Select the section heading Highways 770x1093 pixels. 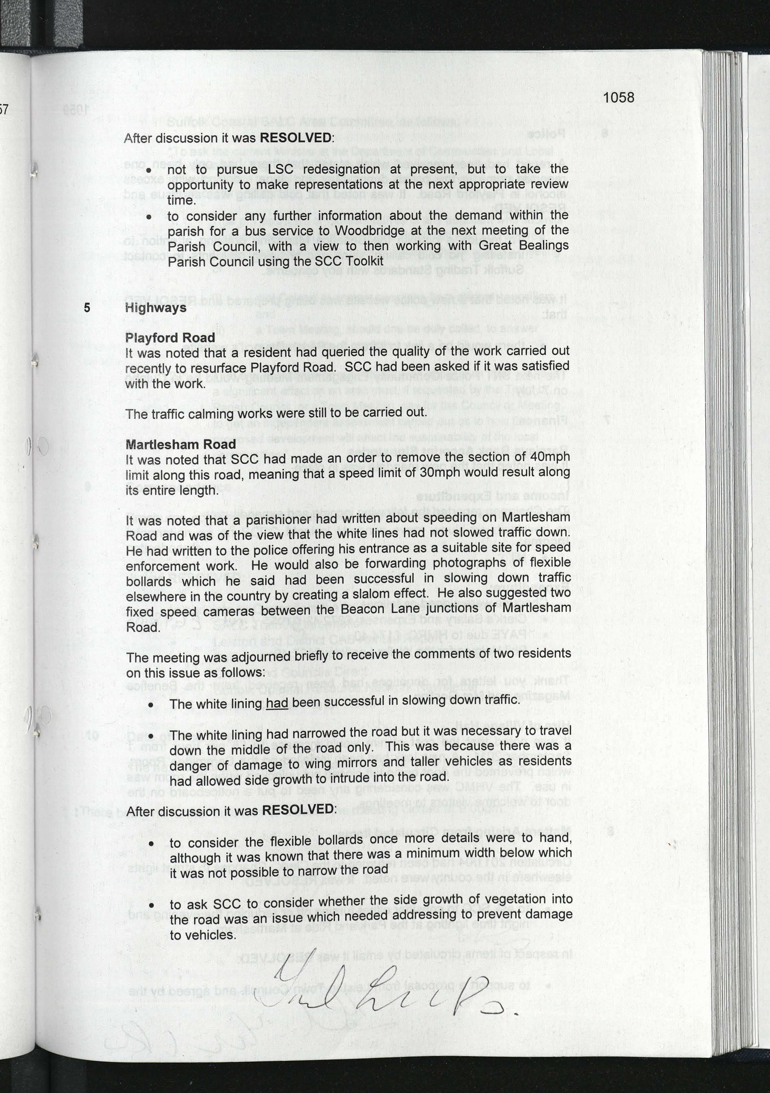[x=155, y=308]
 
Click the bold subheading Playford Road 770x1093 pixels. [x=170, y=337]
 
